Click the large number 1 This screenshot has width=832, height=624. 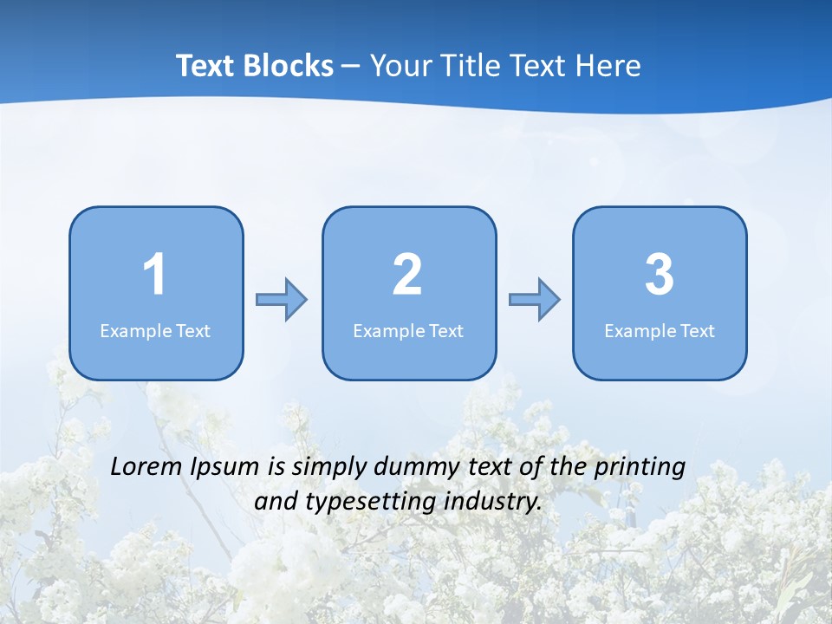[x=155, y=275]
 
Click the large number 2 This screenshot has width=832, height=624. [x=407, y=275]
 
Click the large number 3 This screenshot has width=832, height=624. [x=660, y=275]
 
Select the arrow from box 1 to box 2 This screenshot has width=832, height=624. [x=282, y=300]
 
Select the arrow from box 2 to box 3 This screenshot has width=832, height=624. [x=535, y=300]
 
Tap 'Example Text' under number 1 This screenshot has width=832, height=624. [x=155, y=331]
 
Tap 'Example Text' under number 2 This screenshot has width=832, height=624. [x=408, y=331]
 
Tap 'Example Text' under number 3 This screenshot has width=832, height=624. [x=660, y=331]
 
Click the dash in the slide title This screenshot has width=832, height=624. [x=351, y=66]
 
